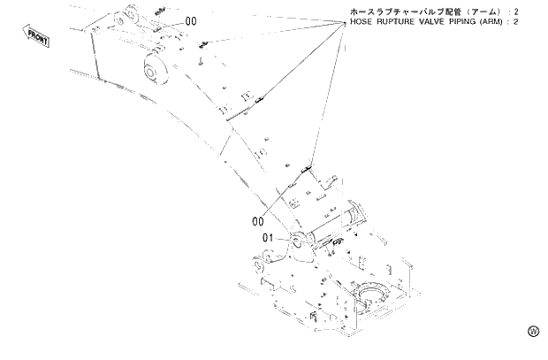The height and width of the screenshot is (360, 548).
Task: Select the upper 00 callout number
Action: coord(191,20)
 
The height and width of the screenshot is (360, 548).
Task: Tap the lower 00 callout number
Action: coord(259,220)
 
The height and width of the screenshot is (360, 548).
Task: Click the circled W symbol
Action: coord(533,331)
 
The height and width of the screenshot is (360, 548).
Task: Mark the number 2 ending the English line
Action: coord(540,22)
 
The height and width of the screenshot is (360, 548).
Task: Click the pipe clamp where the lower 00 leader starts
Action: coord(308,166)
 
